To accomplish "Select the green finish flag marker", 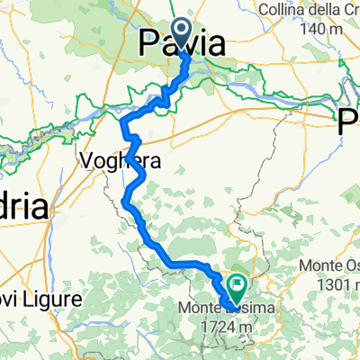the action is (x=238, y=288).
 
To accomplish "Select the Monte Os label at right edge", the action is (x=329, y=265).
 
